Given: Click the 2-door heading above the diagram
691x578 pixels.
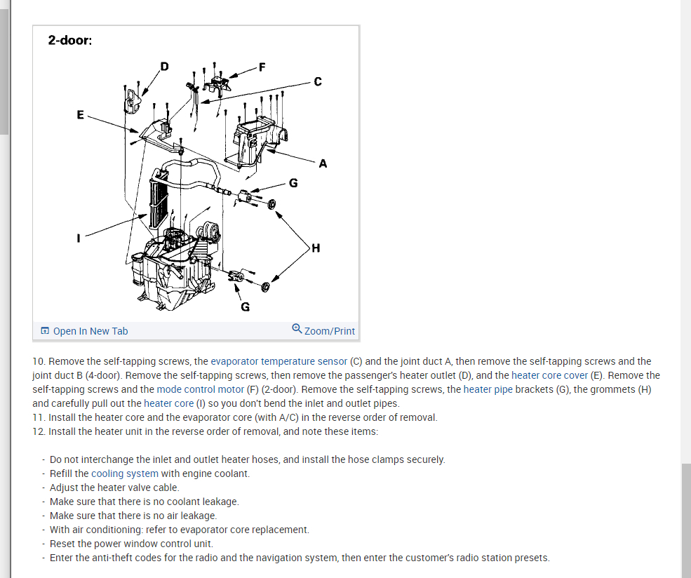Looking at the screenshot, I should point(69,40).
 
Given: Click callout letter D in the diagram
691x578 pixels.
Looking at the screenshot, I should point(164,67).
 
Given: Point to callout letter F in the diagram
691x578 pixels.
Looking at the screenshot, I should point(262,67).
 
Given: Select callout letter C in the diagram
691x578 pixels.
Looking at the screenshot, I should point(318,81).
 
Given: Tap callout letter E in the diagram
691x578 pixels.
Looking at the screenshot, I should point(80,114).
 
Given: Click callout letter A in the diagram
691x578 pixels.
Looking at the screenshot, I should point(322,164).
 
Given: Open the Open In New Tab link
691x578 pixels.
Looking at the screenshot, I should point(90,331).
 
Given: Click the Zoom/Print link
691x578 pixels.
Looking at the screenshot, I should point(330,331).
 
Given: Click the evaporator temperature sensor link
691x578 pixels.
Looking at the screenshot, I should point(279,361).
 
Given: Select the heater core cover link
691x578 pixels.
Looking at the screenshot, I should point(549,375).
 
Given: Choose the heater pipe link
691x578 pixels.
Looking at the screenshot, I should point(488,389).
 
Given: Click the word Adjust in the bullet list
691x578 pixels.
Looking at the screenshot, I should point(64,488).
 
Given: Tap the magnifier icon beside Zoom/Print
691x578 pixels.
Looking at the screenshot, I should point(297,330).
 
